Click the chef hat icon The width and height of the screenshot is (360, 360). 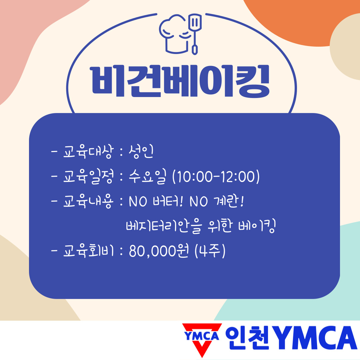point(174,34)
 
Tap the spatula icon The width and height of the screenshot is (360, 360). point(195,34)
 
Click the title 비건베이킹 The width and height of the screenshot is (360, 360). point(180,81)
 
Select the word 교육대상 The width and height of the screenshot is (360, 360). point(88,152)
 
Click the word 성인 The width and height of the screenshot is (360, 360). point(141,152)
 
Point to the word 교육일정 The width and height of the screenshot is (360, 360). point(88,177)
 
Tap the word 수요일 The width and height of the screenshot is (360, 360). point(147,177)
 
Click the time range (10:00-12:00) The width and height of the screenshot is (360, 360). point(216,177)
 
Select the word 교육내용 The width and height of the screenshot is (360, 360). point(88,202)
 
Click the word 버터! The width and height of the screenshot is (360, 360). point(168,201)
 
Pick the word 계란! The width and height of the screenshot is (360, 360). point(228,201)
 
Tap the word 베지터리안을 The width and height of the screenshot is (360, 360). point(164,226)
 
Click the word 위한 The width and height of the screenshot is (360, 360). point(220,226)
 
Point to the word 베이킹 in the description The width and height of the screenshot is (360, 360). point(257,226)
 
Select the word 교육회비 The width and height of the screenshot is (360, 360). point(88,251)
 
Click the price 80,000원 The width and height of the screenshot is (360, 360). point(159,251)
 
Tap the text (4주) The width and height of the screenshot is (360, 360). point(210,251)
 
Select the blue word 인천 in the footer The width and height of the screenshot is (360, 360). point(247,337)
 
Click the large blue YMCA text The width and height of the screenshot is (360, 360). point(315,337)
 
